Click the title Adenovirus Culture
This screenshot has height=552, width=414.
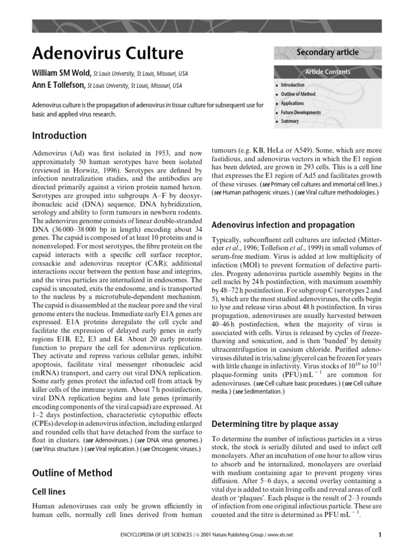click(108, 53)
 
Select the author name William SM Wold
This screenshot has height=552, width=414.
click(61, 73)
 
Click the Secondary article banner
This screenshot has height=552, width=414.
click(327, 52)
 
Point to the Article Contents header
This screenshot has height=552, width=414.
click(327, 72)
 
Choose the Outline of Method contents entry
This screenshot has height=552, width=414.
click(298, 94)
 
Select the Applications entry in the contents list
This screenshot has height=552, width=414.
click(292, 103)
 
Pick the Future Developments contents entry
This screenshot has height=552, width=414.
click(301, 113)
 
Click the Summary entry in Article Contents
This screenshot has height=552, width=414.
click(289, 122)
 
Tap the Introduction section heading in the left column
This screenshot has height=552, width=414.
click(59, 135)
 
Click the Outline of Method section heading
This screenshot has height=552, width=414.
click(72, 473)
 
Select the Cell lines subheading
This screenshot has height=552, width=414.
click(49, 492)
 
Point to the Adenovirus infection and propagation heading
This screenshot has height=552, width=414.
click(283, 225)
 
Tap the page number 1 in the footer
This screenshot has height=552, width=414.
click(379, 535)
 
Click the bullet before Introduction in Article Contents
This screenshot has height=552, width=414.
click(277, 86)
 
